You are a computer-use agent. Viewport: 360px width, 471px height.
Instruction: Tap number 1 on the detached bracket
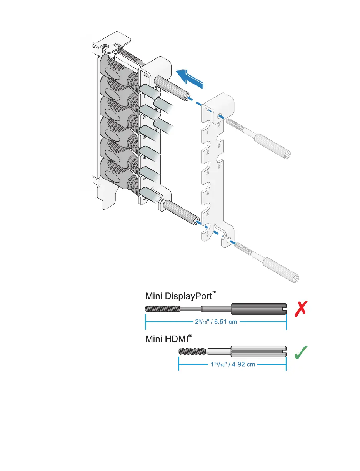pyautogui.click(x=208, y=132)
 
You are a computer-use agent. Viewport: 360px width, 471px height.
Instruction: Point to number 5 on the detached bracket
pyautogui.click(x=208, y=214)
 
